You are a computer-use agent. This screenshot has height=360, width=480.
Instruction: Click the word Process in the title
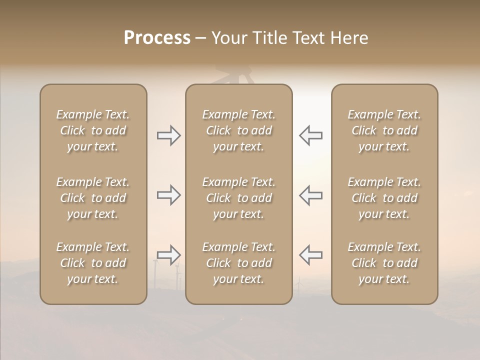pos(157,38)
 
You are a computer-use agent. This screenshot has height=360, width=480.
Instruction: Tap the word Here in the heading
pos(350,38)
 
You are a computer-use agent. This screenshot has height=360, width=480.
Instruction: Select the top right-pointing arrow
pos(169,135)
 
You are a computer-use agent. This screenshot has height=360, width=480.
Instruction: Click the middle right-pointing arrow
pos(169,195)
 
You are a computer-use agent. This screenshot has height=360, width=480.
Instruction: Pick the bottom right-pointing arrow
pos(169,255)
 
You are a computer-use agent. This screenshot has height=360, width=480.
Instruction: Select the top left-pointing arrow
pos(310,135)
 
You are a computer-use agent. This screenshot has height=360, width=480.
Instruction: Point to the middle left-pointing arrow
pos(310,195)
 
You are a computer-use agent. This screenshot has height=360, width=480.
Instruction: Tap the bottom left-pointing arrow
pos(310,255)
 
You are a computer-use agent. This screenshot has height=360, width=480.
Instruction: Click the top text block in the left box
pos(93,130)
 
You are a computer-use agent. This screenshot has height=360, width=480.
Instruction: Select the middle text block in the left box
pos(93,198)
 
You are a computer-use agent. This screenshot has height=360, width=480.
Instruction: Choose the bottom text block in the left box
pos(93,263)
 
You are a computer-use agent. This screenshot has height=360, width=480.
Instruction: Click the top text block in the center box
pos(239,130)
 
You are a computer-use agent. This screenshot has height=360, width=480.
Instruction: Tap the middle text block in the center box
pos(239,198)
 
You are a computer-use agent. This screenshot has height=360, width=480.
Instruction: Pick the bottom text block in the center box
pos(239,263)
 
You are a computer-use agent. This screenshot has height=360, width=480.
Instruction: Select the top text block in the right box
pos(384,130)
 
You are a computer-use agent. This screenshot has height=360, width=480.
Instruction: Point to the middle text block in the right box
pos(384,198)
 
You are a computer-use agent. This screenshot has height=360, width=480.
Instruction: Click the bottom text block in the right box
pos(384,263)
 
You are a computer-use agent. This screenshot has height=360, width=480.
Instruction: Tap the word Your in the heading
pos(229,38)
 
